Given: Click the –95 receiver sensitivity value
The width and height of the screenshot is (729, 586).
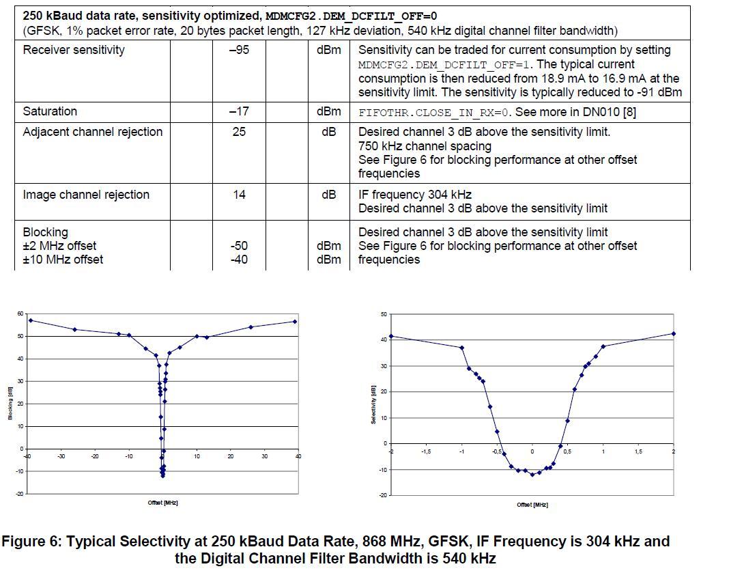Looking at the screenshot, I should click(x=238, y=50).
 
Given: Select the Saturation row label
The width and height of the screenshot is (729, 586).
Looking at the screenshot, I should click(x=50, y=111).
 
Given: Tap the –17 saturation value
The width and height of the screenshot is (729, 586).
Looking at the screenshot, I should click(x=238, y=111).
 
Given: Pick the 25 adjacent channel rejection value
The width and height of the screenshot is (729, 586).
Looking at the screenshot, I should click(x=238, y=132).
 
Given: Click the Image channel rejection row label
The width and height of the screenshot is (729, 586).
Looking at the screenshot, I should click(x=85, y=195).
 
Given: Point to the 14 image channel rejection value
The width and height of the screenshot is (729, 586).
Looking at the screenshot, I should click(x=238, y=195).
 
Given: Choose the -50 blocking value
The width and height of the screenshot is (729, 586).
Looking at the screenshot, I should click(x=238, y=246).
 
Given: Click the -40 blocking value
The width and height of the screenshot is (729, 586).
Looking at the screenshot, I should click(x=238, y=260).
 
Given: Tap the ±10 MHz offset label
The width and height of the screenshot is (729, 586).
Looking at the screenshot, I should click(x=63, y=260).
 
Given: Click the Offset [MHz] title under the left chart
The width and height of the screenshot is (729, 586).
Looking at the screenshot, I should click(x=162, y=503).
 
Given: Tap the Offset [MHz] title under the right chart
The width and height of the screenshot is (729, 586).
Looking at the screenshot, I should click(x=532, y=505).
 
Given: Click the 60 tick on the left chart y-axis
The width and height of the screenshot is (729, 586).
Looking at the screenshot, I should click(x=20, y=313).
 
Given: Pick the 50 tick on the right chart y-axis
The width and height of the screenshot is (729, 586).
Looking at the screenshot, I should click(x=384, y=314).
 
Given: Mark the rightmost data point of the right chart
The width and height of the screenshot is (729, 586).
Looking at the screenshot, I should click(x=674, y=334).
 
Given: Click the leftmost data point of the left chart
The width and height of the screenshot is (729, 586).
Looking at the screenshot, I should click(x=30, y=320).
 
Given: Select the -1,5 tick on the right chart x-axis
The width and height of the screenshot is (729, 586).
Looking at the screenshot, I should click(x=426, y=452).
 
